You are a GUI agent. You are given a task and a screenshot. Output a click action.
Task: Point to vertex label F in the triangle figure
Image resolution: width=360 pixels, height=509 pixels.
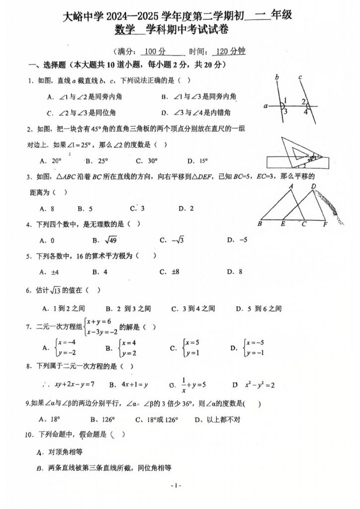click(x=325, y=224)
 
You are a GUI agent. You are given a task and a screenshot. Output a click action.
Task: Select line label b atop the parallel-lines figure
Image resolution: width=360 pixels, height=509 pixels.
click(x=276, y=77)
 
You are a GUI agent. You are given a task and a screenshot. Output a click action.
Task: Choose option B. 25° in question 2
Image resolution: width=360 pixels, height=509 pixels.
click(x=96, y=161)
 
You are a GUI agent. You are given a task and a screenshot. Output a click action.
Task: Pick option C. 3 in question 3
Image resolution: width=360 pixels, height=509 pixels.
click(x=137, y=208)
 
